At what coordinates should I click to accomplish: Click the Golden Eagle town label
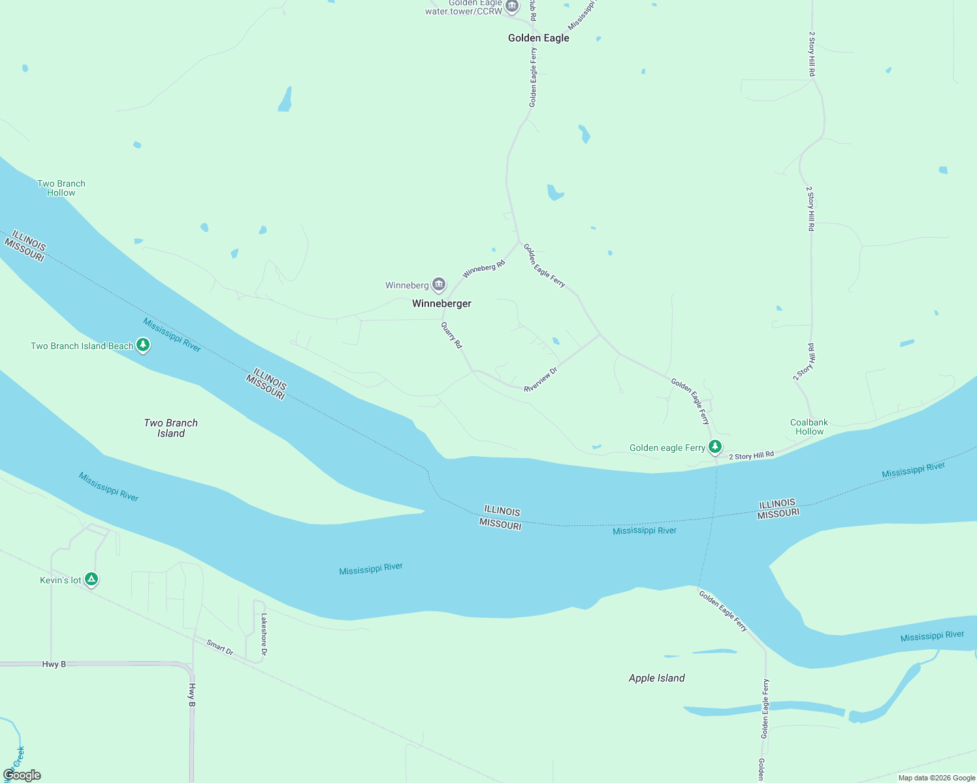pos(538,38)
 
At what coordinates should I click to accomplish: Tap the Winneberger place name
pos(441,303)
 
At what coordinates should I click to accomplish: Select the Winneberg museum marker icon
pos(439,284)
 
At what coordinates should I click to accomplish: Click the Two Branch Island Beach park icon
pos(143,345)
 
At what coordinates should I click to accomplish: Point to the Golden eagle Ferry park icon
pos(715,447)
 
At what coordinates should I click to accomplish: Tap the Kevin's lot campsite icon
pos(91,579)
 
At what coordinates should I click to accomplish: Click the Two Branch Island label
pos(170,428)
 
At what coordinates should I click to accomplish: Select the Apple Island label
pos(656,678)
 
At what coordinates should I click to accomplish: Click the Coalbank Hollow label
pos(809,427)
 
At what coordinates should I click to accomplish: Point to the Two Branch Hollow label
pos(61,188)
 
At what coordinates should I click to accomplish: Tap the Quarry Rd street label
pos(451,335)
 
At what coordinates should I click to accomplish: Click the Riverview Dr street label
pos(541,380)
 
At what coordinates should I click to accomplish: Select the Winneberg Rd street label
pos(484,268)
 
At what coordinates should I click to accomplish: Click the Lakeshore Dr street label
pos(264,634)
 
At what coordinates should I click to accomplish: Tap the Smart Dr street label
pos(220,647)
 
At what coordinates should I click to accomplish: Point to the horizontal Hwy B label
pos(54,664)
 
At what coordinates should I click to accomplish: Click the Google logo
pos(22,775)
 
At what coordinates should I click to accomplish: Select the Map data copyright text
pos(937,778)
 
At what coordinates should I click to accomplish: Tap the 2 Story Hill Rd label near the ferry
pos(751,455)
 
